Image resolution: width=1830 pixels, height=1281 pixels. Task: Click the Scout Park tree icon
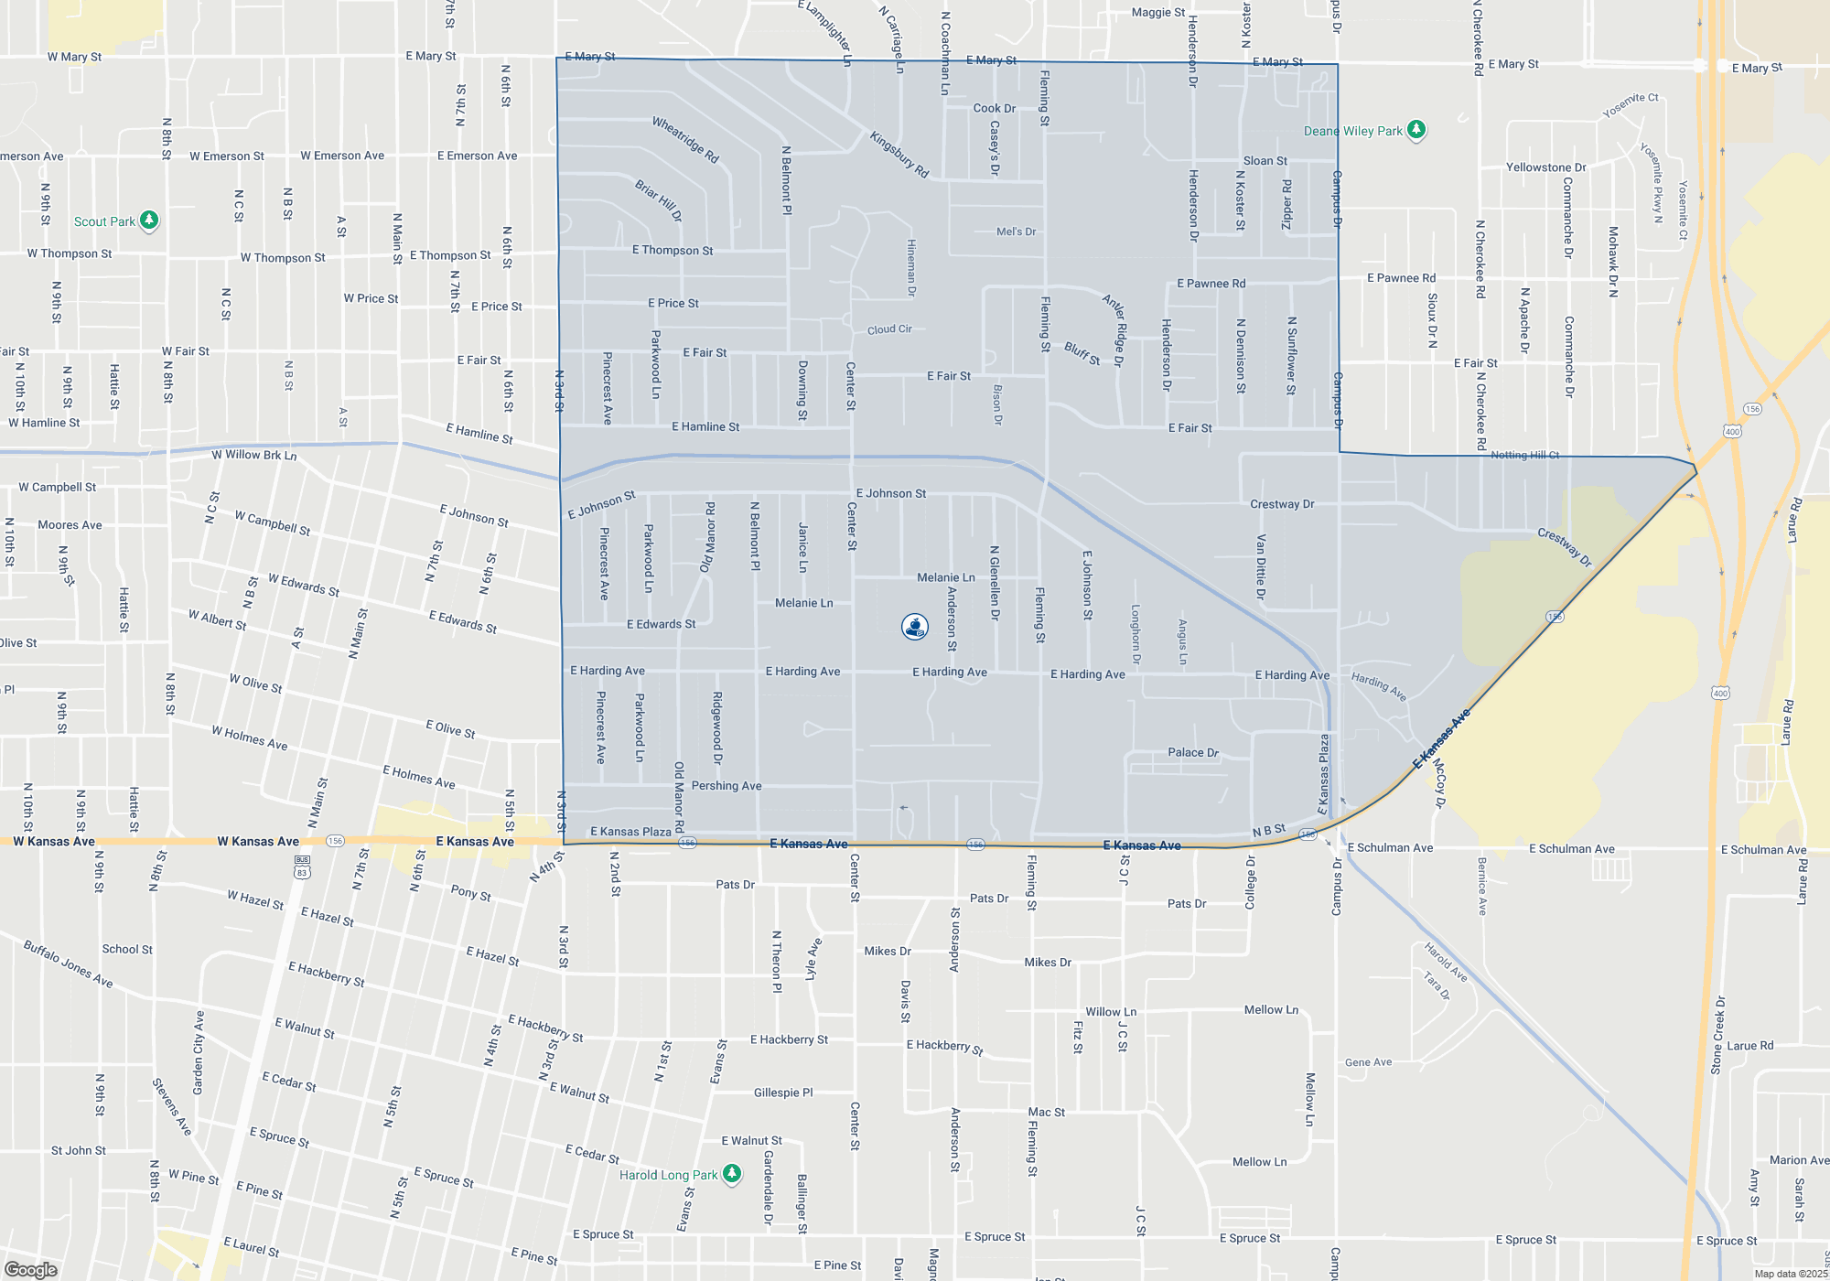click(x=149, y=221)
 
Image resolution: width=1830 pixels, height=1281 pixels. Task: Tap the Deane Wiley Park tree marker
click(x=1416, y=130)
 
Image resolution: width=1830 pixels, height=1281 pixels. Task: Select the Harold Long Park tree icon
click(x=731, y=1174)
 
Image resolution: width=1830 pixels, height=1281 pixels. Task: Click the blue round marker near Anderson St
click(x=915, y=627)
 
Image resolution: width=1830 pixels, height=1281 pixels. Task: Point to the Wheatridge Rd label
click(x=685, y=139)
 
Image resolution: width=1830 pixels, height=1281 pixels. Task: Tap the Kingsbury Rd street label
click(x=899, y=155)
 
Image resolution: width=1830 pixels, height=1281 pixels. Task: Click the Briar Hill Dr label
click(x=659, y=200)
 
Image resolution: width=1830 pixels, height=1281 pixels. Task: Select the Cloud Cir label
click(x=889, y=329)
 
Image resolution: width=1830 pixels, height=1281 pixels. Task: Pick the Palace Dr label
click(x=1193, y=752)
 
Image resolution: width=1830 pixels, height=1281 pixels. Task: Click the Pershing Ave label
click(x=727, y=786)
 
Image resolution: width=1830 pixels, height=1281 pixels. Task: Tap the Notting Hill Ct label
click(x=1524, y=455)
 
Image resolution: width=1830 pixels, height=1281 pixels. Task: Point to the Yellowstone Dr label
click(x=1546, y=167)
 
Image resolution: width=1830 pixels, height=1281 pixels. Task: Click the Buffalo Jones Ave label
click(x=69, y=963)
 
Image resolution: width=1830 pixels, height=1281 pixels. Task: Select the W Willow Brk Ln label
click(x=254, y=455)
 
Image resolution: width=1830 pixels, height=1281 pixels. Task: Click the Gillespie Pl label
click(x=783, y=1093)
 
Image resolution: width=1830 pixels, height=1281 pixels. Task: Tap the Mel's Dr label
click(x=1016, y=231)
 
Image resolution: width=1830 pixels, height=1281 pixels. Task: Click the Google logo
click(x=31, y=1269)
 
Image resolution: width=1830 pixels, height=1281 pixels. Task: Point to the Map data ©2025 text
click(x=1790, y=1274)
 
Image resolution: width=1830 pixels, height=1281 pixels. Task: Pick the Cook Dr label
click(x=994, y=108)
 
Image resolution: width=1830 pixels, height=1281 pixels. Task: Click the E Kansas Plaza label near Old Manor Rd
click(x=630, y=832)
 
